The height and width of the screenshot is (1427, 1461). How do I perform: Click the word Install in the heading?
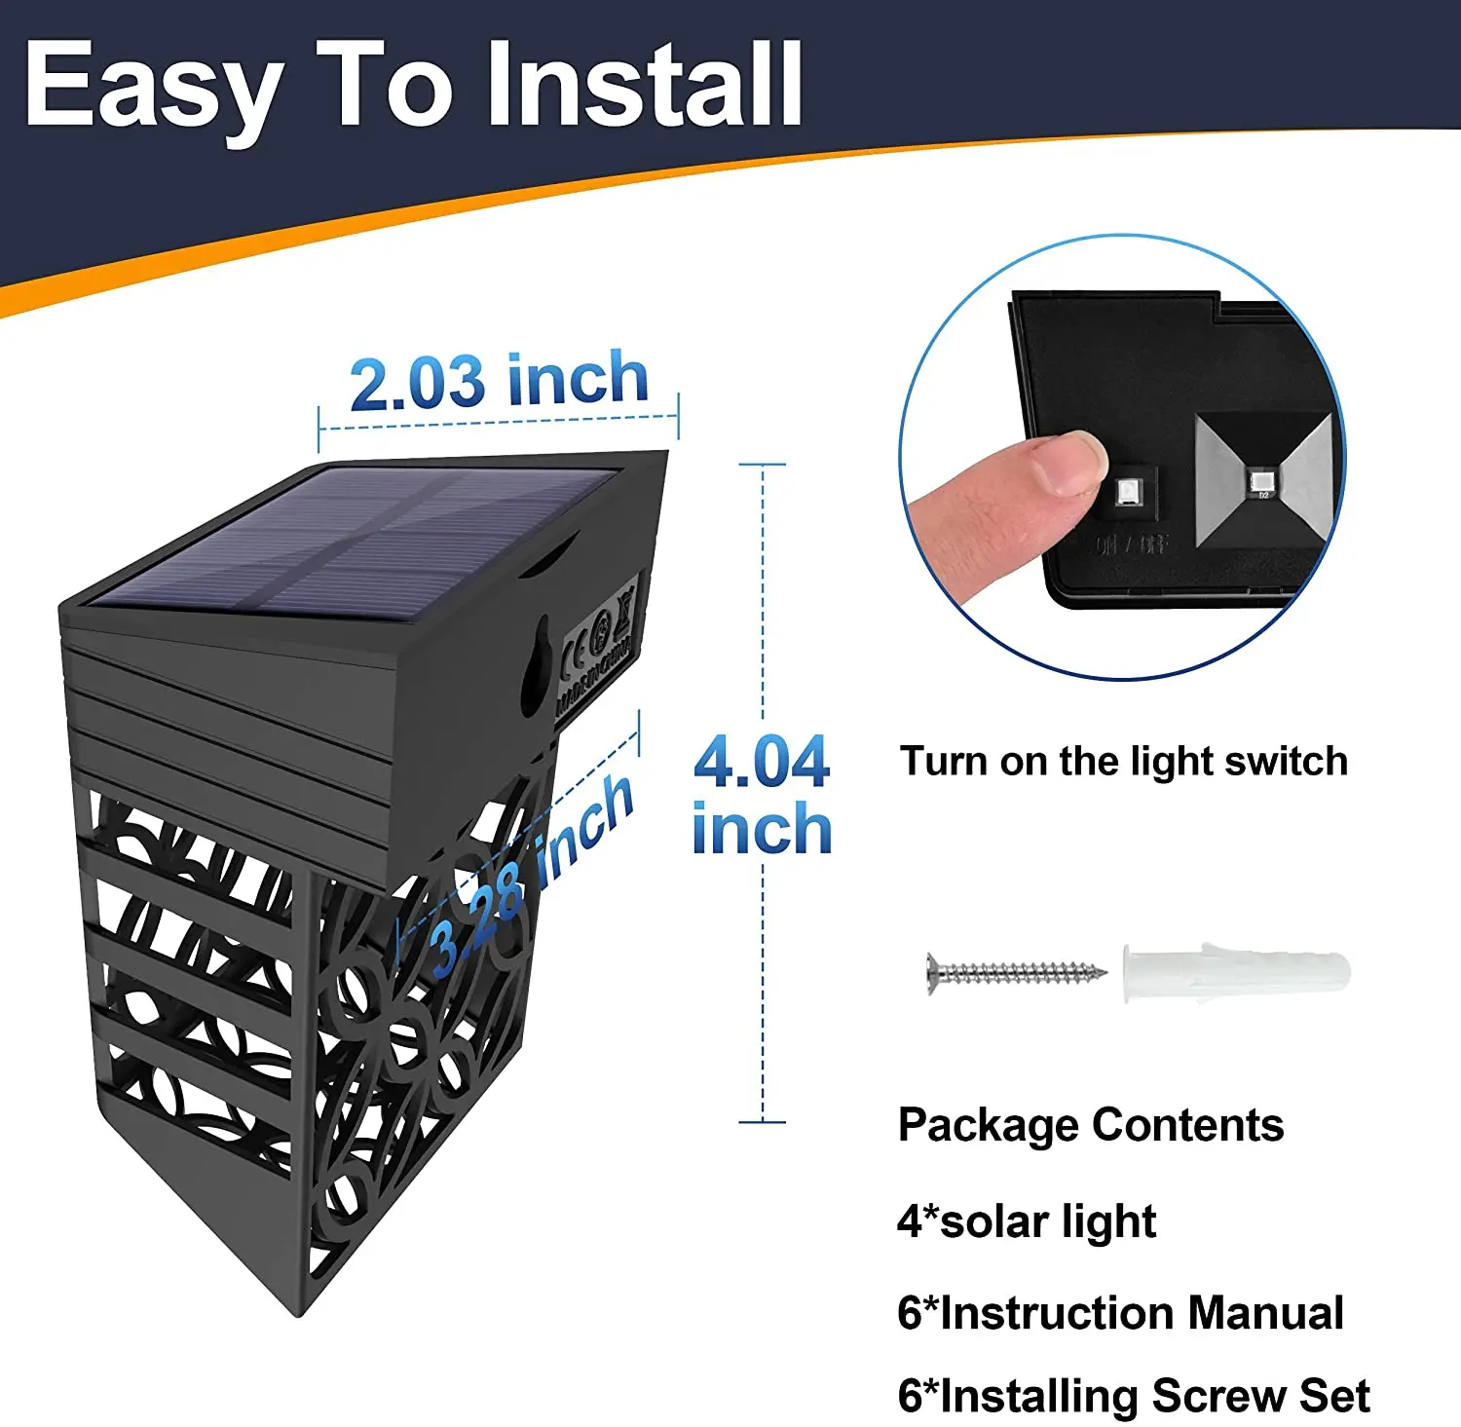pyautogui.click(x=644, y=86)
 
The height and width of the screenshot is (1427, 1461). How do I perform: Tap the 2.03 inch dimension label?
pyautogui.click(x=499, y=381)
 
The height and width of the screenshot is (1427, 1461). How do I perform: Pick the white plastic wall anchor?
pyautogui.click(x=1235, y=971)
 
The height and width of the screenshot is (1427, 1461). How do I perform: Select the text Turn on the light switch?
pyautogui.click(x=1123, y=761)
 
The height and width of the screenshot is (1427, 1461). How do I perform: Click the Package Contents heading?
pyautogui.click(x=1090, y=1125)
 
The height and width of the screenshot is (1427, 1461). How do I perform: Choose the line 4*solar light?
pyautogui.click(x=1026, y=1221)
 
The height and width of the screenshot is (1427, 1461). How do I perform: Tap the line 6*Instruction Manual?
pyautogui.click(x=1120, y=1312)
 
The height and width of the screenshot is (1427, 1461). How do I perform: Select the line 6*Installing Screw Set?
pyautogui.click(x=1133, y=1395)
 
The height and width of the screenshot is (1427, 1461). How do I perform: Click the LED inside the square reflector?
pyautogui.click(x=1262, y=479)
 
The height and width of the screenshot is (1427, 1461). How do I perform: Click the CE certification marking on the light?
pyautogui.click(x=579, y=647)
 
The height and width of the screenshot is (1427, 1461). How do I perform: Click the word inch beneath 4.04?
pyautogui.click(x=762, y=830)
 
